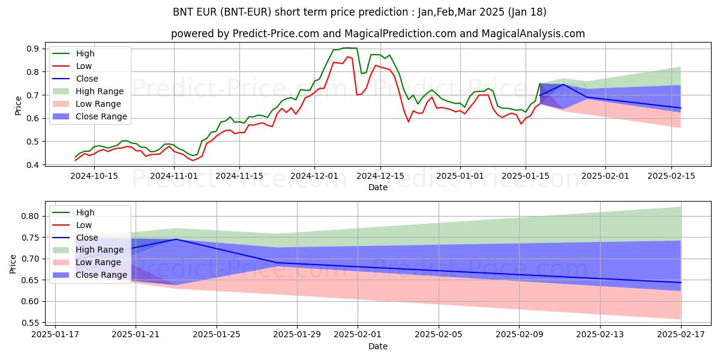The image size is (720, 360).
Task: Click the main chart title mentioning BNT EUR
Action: (x=360, y=12)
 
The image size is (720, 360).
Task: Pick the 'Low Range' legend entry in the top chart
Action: (x=98, y=104)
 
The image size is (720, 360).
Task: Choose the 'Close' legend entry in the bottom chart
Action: (x=87, y=238)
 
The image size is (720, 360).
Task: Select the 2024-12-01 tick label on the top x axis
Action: (x=314, y=176)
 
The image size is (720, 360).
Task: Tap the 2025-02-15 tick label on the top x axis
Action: (x=671, y=176)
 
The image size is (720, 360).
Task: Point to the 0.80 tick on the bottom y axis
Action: (x=30, y=216)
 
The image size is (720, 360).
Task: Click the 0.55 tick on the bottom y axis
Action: (x=30, y=323)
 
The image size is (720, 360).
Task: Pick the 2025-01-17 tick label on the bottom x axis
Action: (x=55, y=335)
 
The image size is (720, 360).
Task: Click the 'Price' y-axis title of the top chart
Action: (x=18, y=106)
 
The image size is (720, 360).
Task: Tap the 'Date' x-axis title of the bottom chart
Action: (x=378, y=346)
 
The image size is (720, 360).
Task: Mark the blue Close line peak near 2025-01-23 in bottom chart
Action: (x=176, y=239)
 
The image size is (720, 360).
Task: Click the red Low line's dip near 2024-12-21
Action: (x=409, y=122)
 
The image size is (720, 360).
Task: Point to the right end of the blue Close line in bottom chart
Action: (x=681, y=283)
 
